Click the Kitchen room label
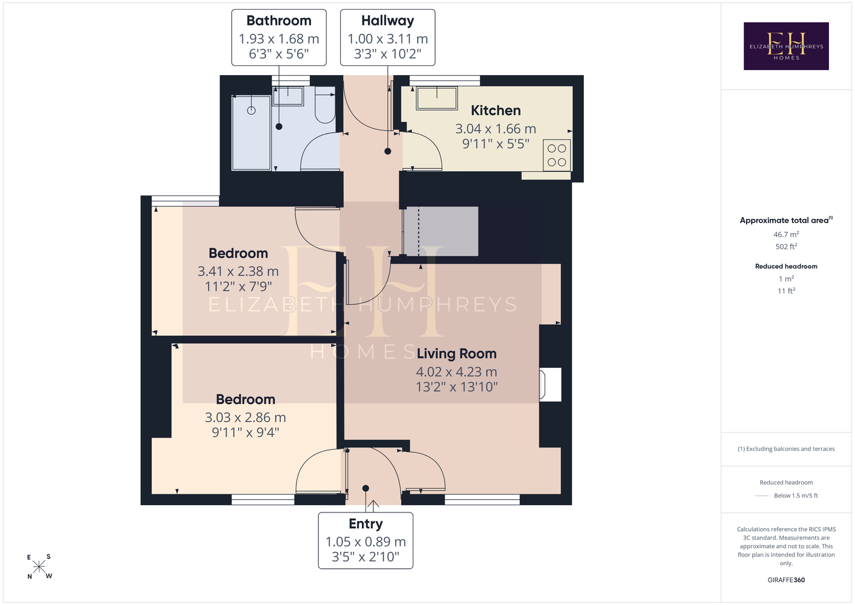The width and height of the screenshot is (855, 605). pos(496,111)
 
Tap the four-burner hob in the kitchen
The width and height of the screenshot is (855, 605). pos(557,155)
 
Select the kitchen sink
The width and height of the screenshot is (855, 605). pos(437,99)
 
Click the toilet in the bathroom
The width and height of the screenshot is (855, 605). pos(325,105)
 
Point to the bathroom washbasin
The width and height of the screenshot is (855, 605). pos(288,96)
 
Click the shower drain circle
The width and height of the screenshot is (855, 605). pos(251,110)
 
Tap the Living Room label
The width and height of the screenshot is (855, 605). pos(456,354)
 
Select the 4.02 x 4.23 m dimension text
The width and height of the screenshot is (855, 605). pos(456,371)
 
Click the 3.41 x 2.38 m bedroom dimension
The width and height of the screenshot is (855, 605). pos(238,272)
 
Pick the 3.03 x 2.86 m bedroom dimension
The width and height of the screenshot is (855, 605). pos(246,417)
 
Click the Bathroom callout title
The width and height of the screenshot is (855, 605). pos(278,21)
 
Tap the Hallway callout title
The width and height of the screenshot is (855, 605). pos(387,21)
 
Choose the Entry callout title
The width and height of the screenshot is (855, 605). pos(365,524)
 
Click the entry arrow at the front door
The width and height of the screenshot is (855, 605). pos(373,506)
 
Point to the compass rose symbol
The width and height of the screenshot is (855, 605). pos(39,567)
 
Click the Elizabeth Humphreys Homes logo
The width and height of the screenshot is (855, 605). pos(786,46)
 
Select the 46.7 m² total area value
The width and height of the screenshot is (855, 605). pos(786,234)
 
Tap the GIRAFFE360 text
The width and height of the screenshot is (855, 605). pos(786,580)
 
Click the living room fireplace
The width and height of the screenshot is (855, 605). pos(550,384)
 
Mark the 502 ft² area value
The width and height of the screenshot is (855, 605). pos(786,247)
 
